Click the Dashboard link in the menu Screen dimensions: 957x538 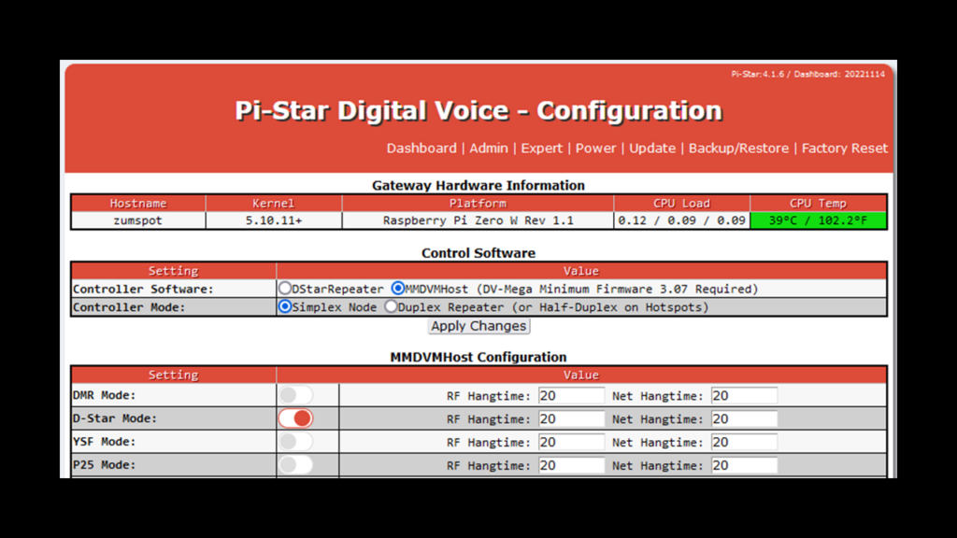(x=421, y=149)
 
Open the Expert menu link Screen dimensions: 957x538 (x=541, y=149)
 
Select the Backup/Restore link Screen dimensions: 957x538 (x=738, y=149)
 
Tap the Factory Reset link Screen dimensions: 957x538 (x=845, y=149)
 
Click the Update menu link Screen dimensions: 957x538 (x=651, y=149)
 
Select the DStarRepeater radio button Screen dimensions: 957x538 (x=285, y=288)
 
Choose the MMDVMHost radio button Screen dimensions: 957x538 (x=398, y=288)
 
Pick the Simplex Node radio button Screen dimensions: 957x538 (x=285, y=306)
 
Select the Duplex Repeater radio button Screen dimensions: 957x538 (x=391, y=306)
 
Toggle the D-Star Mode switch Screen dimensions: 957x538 (x=296, y=418)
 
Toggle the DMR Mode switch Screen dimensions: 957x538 (x=296, y=395)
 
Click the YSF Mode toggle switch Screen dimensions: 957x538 (x=296, y=442)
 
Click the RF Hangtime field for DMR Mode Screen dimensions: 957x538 (x=571, y=396)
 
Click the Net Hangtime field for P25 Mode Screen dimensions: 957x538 (x=744, y=465)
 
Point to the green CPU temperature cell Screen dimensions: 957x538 (x=818, y=220)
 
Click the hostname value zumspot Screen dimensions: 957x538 (x=138, y=220)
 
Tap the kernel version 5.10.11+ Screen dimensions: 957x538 (x=274, y=220)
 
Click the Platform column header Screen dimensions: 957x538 (x=478, y=203)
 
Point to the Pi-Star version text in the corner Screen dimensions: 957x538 (x=808, y=75)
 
